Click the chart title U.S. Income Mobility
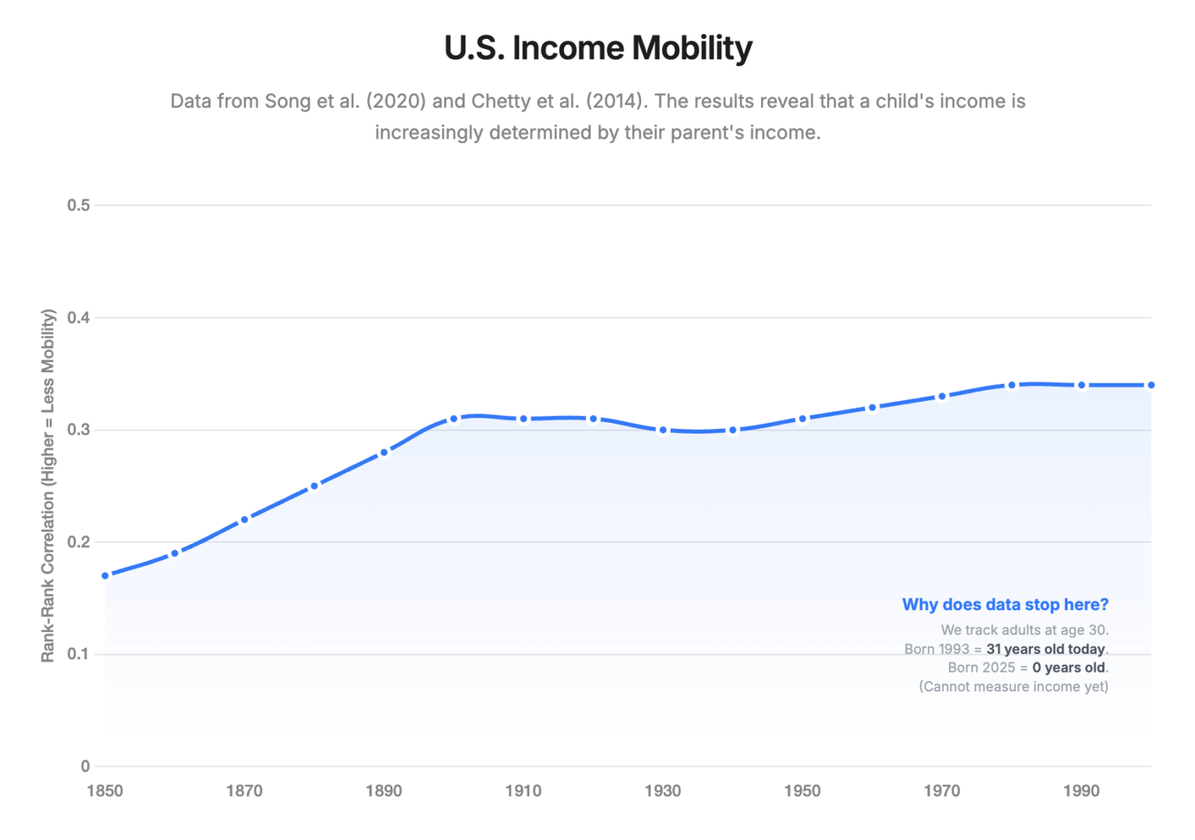pyautogui.click(x=597, y=47)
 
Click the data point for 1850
pyautogui.click(x=105, y=575)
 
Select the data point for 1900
pyautogui.click(x=454, y=419)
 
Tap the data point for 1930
pyautogui.click(x=663, y=430)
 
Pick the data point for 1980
pyautogui.click(x=1011, y=385)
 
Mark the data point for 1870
pyautogui.click(x=244, y=519)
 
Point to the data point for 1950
pyautogui.click(x=802, y=419)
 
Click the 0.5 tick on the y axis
pyautogui.click(x=79, y=206)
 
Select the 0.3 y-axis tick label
pyautogui.click(x=79, y=430)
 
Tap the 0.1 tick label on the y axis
pyautogui.click(x=79, y=654)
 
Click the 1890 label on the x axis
pyautogui.click(x=384, y=791)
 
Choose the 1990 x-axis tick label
pyautogui.click(x=1081, y=791)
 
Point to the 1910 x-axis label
pyautogui.click(x=524, y=791)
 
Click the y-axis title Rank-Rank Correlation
pyautogui.click(x=48, y=486)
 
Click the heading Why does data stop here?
pyautogui.click(x=1005, y=605)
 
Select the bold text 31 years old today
pyautogui.click(x=1046, y=649)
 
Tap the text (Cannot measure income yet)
pyautogui.click(x=1013, y=687)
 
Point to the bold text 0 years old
pyautogui.click(x=1068, y=668)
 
